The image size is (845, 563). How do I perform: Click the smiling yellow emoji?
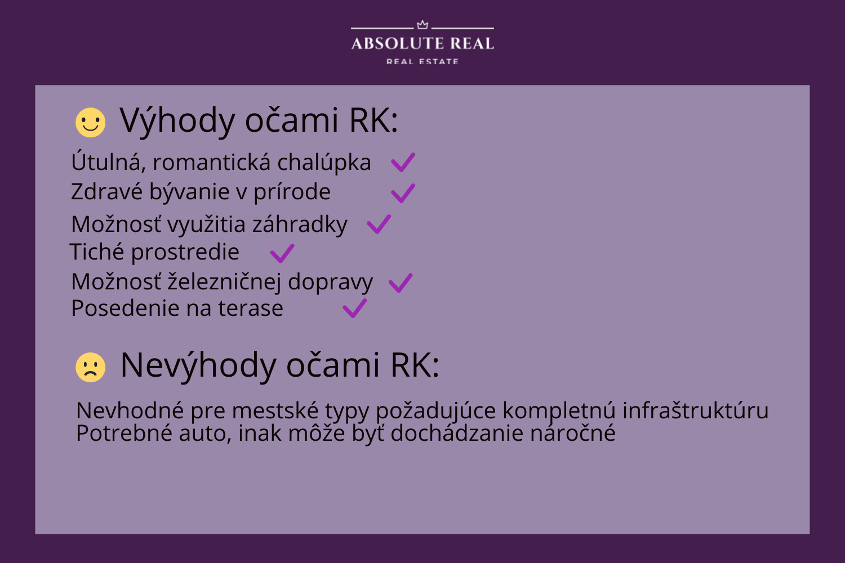pyautogui.click(x=91, y=123)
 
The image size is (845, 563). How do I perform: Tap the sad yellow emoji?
pyautogui.click(x=91, y=367)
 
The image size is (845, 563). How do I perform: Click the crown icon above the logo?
pyautogui.click(x=422, y=25)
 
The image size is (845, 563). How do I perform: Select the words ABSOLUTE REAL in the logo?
pyautogui.click(x=422, y=43)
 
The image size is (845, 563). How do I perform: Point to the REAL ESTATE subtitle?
pyautogui.click(x=422, y=61)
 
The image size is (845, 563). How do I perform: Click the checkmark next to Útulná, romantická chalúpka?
pyautogui.click(x=403, y=163)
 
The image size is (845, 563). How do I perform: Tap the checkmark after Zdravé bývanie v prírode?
pyautogui.click(x=403, y=194)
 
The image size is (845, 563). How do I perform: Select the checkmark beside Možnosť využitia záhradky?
pyautogui.click(x=379, y=225)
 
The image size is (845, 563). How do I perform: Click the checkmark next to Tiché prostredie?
pyautogui.click(x=282, y=253)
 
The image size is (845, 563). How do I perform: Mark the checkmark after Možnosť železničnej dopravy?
pyautogui.click(x=401, y=283)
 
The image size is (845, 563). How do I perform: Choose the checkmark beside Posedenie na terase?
pyautogui.click(x=354, y=309)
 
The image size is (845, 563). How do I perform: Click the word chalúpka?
pyautogui.click(x=324, y=163)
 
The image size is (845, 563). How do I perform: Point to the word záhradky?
pyautogui.click(x=300, y=225)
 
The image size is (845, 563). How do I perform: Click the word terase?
pyautogui.click(x=251, y=309)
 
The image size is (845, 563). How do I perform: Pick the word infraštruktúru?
pyautogui.click(x=695, y=410)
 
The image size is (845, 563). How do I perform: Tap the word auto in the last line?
pyautogui.click(x=205, y=434)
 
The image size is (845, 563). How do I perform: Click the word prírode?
pyautogui.click(x=292, y=193)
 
